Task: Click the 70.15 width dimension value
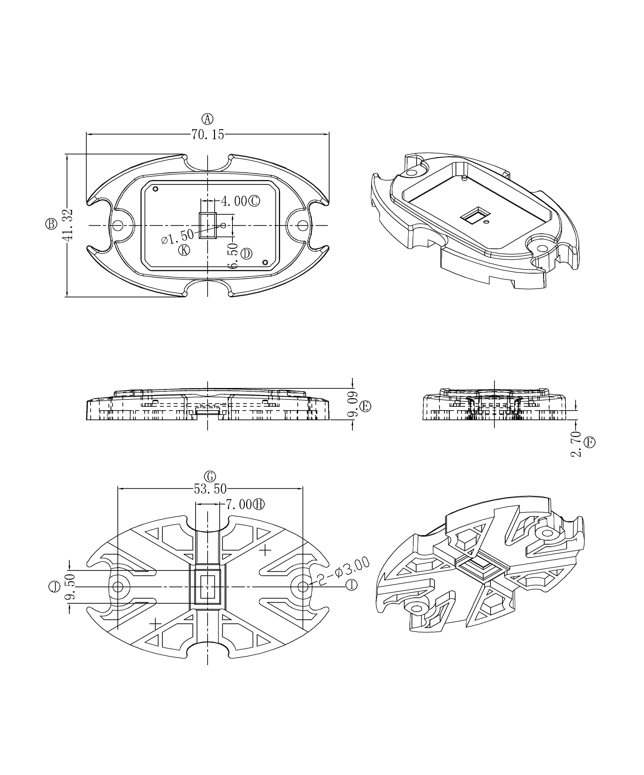coord(207,135)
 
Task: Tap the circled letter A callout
coord(207,119)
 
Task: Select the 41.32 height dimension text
coord(68,225)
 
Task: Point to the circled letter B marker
coord(51,224)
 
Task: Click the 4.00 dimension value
coord(234,201)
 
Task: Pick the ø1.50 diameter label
coord(177,236)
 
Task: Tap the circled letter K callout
coord(184,250)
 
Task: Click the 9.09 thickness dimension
coord(353,404)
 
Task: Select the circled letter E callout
coord(365,406)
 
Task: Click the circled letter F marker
coord(590,442)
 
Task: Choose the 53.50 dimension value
coord(210,489)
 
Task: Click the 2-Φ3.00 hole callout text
coord(343,571)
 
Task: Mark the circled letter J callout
coord(54,587)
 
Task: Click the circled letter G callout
coord(210,477)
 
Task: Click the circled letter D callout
coord(247,254)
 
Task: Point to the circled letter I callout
coord(351,585)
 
